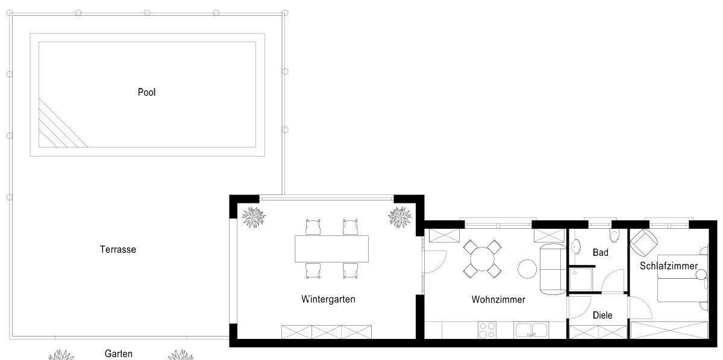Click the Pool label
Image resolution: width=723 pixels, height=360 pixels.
146,92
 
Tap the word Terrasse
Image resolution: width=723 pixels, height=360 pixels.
118,249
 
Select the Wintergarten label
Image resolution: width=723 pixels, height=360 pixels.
328,299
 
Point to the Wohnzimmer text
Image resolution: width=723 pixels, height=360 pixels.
498,299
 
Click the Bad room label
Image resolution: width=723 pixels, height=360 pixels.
600,252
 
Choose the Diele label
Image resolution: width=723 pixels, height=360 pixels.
602,315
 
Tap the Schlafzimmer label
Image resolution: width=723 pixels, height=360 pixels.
669,266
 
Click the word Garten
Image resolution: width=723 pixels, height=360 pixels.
119,353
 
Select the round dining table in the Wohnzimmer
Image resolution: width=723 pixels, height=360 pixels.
482,259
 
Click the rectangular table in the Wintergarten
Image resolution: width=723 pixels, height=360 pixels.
331,249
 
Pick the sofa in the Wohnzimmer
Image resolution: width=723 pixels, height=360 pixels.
553,269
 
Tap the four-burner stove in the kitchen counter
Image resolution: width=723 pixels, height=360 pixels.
487,330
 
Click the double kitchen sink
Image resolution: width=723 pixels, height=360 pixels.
531,330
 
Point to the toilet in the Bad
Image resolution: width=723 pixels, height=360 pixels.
614,235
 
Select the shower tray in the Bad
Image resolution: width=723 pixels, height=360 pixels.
581,279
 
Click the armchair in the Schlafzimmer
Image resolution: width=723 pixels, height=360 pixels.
644,243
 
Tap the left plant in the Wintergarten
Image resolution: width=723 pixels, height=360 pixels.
254,217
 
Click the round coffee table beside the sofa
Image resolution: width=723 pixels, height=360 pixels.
527,269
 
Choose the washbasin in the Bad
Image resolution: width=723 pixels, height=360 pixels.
575,247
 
